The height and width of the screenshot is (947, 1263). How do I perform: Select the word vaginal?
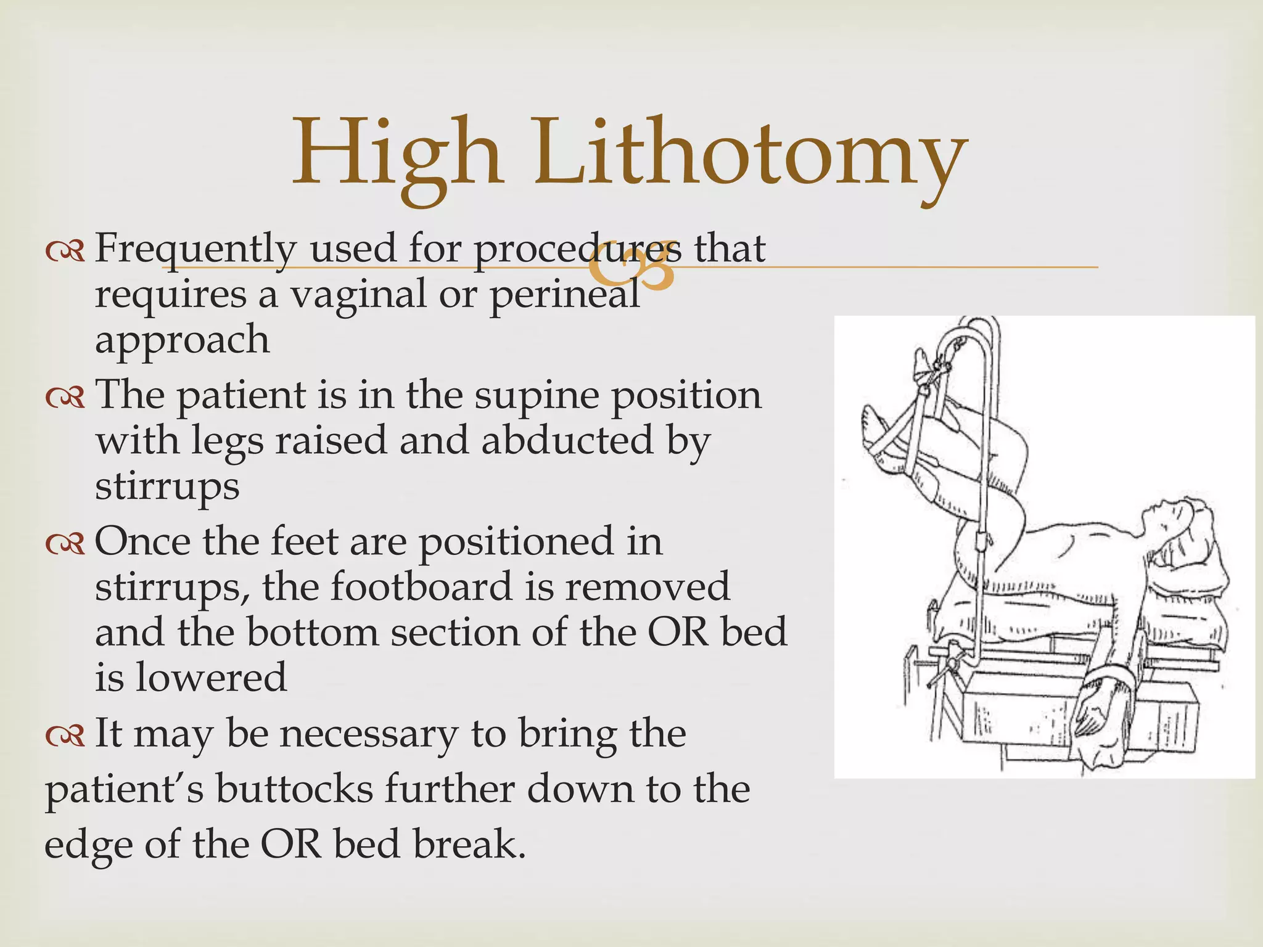coord(358,295)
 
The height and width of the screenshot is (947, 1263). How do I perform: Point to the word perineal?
coord(564,295)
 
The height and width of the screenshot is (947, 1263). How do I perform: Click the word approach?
coord(183,340)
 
